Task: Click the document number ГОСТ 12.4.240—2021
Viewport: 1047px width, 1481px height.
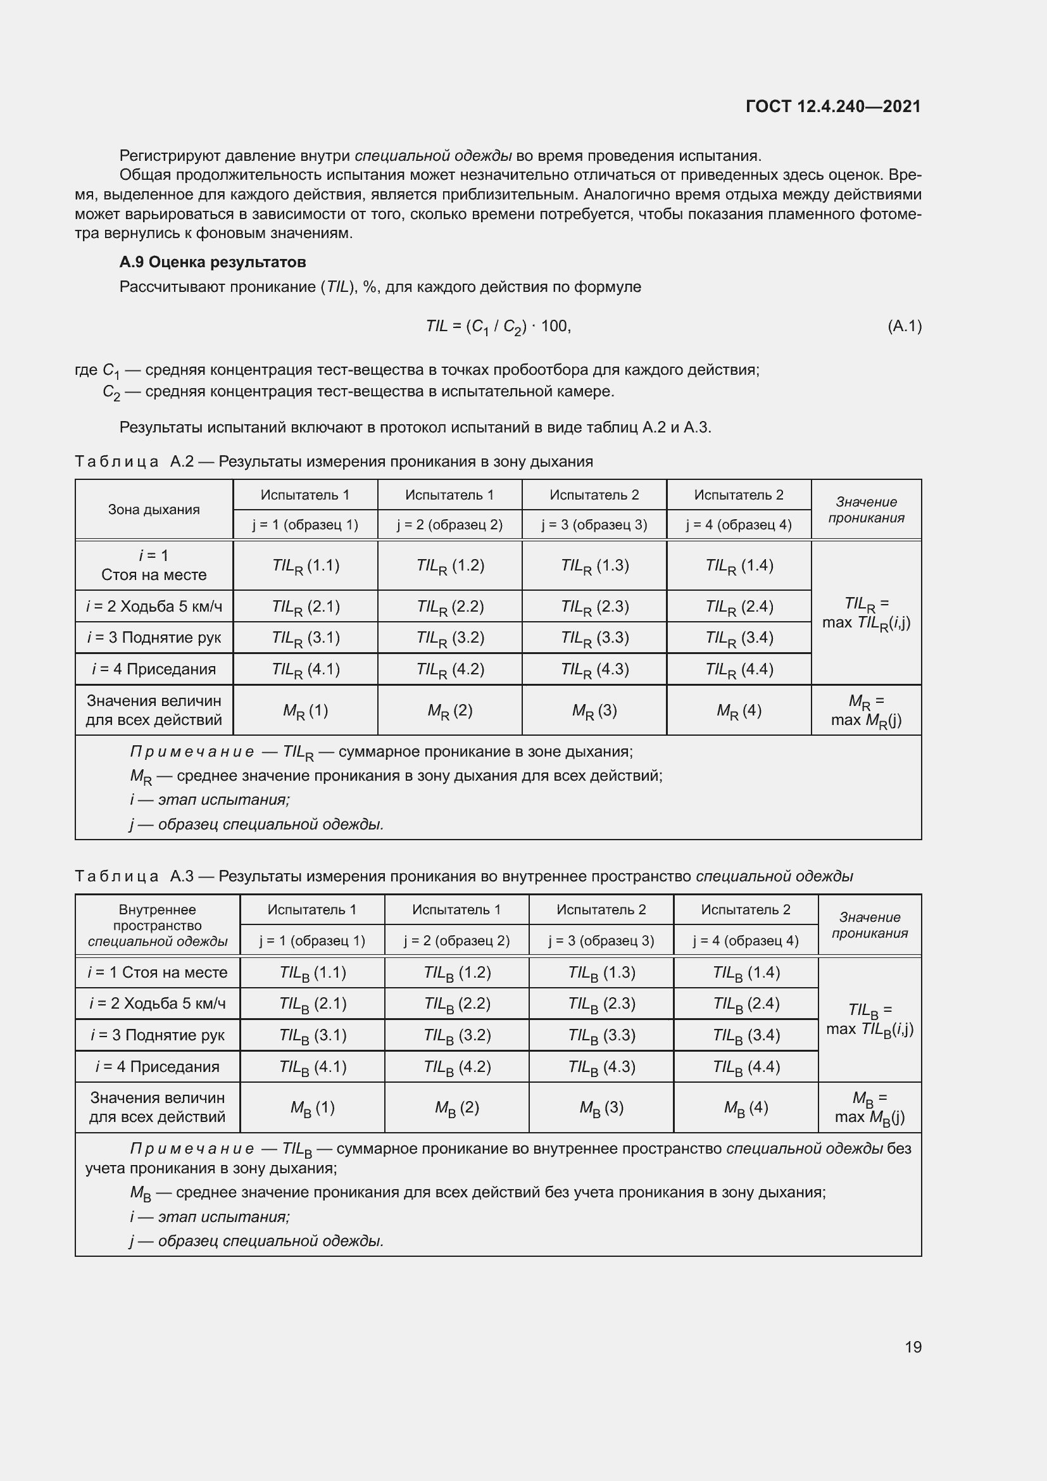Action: [833, 106]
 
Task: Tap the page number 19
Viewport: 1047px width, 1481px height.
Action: [913, 1347]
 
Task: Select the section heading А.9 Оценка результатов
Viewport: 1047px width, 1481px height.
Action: [212, 262]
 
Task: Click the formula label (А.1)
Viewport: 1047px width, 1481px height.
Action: [905, 325]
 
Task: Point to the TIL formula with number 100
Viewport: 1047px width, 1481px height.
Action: [498, 326]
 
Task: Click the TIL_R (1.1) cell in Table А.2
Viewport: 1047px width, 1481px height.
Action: [306, 565]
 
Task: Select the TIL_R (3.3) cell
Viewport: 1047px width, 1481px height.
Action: [594, 638]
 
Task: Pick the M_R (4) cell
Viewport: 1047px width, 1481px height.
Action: [739, 711]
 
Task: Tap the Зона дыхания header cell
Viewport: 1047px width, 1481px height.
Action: [153, 510]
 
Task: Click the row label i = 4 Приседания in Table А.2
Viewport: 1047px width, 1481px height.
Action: [153, 669]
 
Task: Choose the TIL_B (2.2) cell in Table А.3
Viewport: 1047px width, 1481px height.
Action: [457, 1004]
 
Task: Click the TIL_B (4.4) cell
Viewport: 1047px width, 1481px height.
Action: [746, 1067]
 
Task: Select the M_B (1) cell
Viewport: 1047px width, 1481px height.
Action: [312, 1107]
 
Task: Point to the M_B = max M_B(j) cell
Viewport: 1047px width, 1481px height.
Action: [870, 1107]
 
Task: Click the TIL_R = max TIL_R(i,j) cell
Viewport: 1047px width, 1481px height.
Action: [866, 613]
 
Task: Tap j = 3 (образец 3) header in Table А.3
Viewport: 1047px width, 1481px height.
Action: [601, 940]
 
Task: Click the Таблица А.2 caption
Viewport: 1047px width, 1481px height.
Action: [334, 461]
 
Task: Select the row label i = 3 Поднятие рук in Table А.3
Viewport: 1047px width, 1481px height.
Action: [158, 1035]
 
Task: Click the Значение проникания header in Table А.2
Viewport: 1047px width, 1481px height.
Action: [866, 510]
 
